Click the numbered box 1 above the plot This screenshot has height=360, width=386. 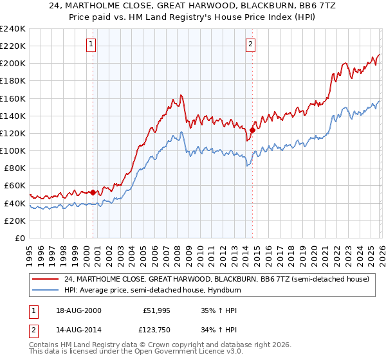pyautogui.click(x=91, y=44)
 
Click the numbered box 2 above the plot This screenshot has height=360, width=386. pyautogui.click(x=250, y=44)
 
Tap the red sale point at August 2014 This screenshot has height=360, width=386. pyautogui.click(x=252, y=130)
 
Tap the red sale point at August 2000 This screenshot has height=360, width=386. pyautogui.click(x=93, y=192)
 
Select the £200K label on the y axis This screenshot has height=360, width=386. pyautogui.click(x=13, y=64)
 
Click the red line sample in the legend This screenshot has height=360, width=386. pyautogui.click(x=46, y=279)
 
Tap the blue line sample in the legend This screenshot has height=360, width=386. pyautogui.click(x=46, y=290)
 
